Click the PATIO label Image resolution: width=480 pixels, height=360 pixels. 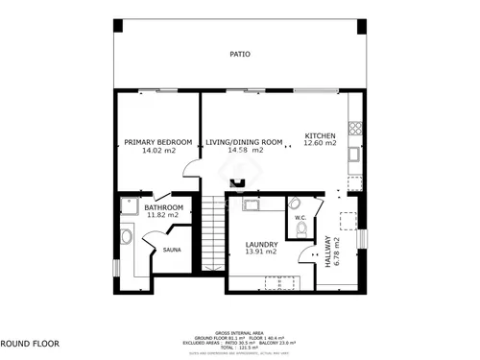pyautogui.click(x=240, y=55)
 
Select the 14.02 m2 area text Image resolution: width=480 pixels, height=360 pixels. pyautogui.click(x=157, y=151)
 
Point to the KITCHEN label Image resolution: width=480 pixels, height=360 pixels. pyautogui.click(x=320, y=135)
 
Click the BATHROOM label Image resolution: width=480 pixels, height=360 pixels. pyautogui.click(x=163, y=207)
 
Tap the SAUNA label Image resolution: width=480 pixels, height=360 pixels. pyautogui.click(x=172, y=251)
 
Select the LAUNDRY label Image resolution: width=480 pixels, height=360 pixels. pyautogui.click(x=260, y=244)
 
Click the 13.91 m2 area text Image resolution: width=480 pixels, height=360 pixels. pyautogui.click(x=260, y=252)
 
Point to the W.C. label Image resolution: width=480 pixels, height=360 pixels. pyautogui.click(x=300, y=218)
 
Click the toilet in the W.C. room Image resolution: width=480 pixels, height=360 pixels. pyautogui.click(x=297, y=204)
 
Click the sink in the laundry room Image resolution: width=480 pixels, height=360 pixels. pyautogui.click(x=255, y=204)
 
